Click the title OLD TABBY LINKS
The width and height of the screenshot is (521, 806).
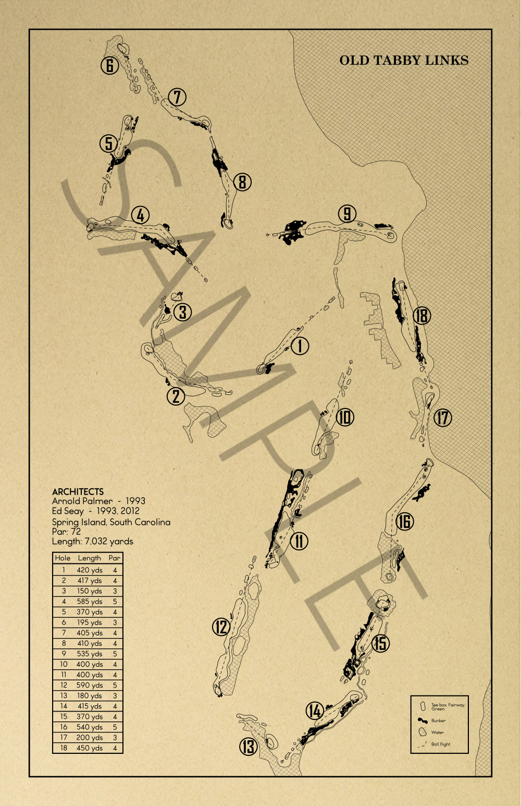(x=404, y=61)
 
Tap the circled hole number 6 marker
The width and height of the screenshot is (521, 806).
(x=109, y=65)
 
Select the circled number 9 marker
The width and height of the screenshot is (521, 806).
(x=347, y=213)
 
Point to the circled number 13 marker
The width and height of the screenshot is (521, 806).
(x=249, y=747)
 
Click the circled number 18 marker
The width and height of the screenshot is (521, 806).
(x=421, y=316)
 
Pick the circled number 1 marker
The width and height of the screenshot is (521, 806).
(x=300, y=345)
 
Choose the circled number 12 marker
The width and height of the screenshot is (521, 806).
(x=221, y=627)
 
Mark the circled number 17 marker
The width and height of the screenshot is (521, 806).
(x=443, y=417)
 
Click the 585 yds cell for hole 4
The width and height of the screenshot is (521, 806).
(x=90, y=602)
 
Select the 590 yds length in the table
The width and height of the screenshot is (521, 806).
(x=90, y=685)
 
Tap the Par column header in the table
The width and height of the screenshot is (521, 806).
(x=115, y=558)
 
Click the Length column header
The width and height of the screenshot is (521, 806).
(x=90, y=558)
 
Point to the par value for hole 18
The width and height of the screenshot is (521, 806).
(x=115, y=748)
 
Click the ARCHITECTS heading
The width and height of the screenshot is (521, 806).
(x=78, y=491)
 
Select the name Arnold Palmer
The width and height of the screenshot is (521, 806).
(x=82, y=501)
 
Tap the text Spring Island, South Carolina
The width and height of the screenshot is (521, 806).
(x=111, y=522)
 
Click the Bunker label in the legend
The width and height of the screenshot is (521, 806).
(x=438, y=720)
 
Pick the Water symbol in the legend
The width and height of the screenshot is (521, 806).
(x=423, y=732)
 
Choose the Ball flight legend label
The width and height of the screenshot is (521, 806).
(x=441, y=744)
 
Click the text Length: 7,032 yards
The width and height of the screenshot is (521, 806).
(x=92, y=542)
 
